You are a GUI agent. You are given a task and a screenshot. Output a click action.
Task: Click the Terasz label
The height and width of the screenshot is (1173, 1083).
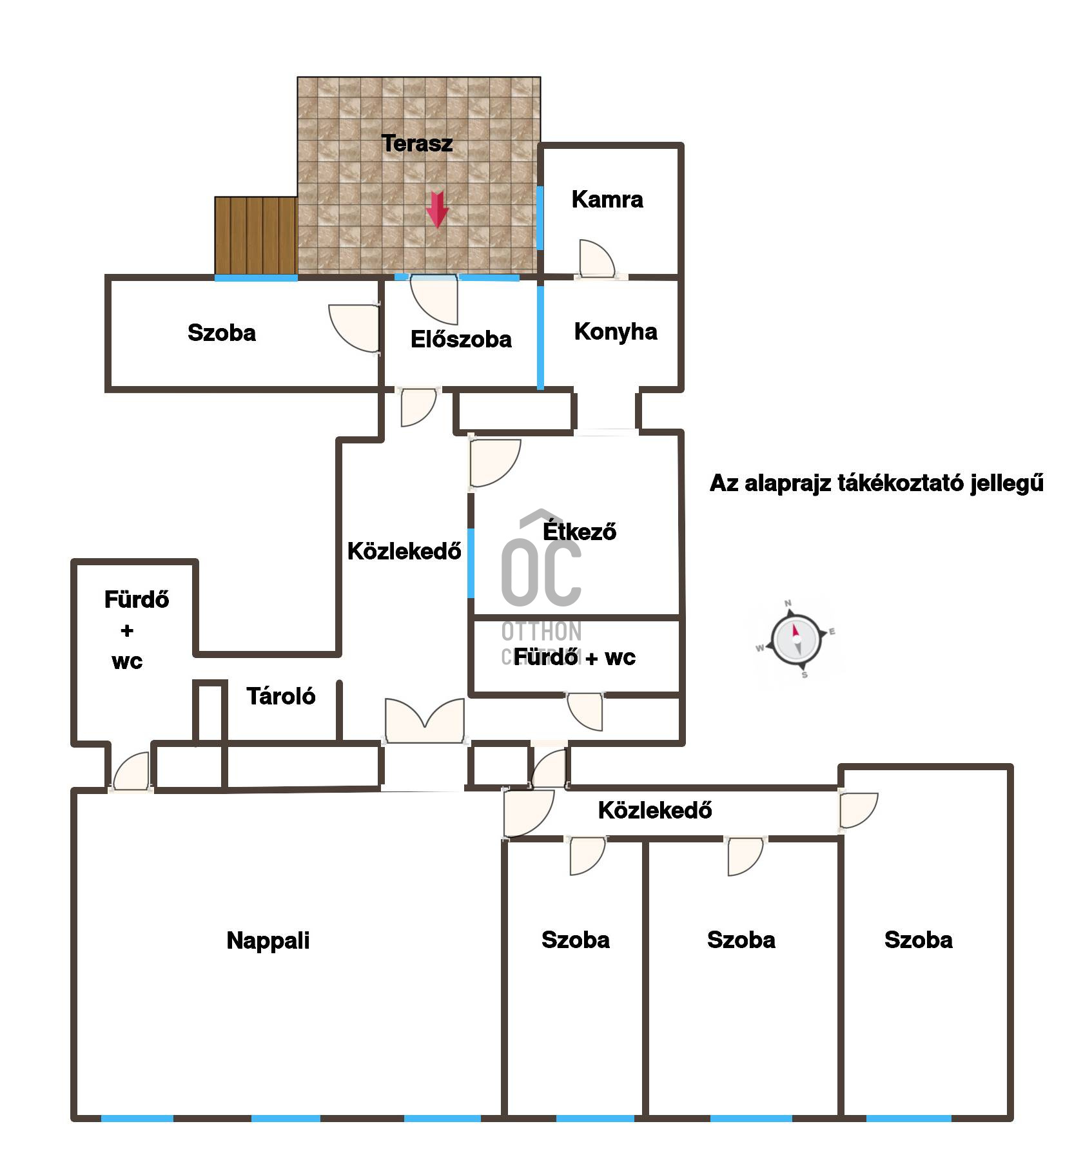click(x=417, y=143)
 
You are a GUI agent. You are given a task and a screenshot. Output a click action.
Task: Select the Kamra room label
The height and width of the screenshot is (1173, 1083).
click(x=607, y=200)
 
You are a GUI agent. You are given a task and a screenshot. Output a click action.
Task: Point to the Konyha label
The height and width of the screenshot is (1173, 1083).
click(x=616, y=332)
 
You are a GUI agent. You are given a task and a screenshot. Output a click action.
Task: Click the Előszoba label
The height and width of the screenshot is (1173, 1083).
click(x=461, y=340)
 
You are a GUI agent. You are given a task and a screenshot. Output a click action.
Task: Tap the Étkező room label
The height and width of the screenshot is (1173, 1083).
click(x=580, y=532)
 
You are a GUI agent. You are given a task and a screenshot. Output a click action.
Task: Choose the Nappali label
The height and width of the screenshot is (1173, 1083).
click(x=268, y=941)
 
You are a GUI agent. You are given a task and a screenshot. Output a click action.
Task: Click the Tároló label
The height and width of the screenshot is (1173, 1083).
click(x=281, y=696)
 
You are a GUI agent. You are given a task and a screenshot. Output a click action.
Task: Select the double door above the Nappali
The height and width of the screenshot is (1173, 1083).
click(x=425, y=721)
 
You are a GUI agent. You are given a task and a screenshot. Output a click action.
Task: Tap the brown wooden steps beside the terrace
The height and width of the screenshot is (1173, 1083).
click(x=256, y=235)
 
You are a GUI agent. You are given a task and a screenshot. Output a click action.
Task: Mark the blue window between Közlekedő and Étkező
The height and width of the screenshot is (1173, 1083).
click(x=471, y=563)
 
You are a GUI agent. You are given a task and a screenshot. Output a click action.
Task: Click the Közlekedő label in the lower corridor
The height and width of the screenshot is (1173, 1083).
click(x=655, y=810)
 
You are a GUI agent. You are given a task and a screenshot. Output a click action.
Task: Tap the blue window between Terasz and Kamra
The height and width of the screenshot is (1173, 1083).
click(x=540, y=217)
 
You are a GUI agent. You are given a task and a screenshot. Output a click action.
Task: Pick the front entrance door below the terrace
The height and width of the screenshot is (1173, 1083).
click(x=434, y=299)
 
